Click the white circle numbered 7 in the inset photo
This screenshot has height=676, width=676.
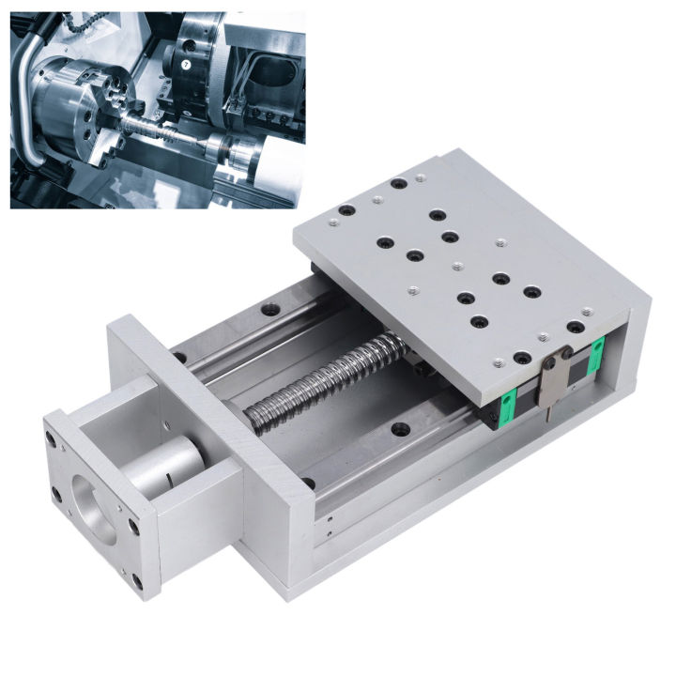186,65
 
